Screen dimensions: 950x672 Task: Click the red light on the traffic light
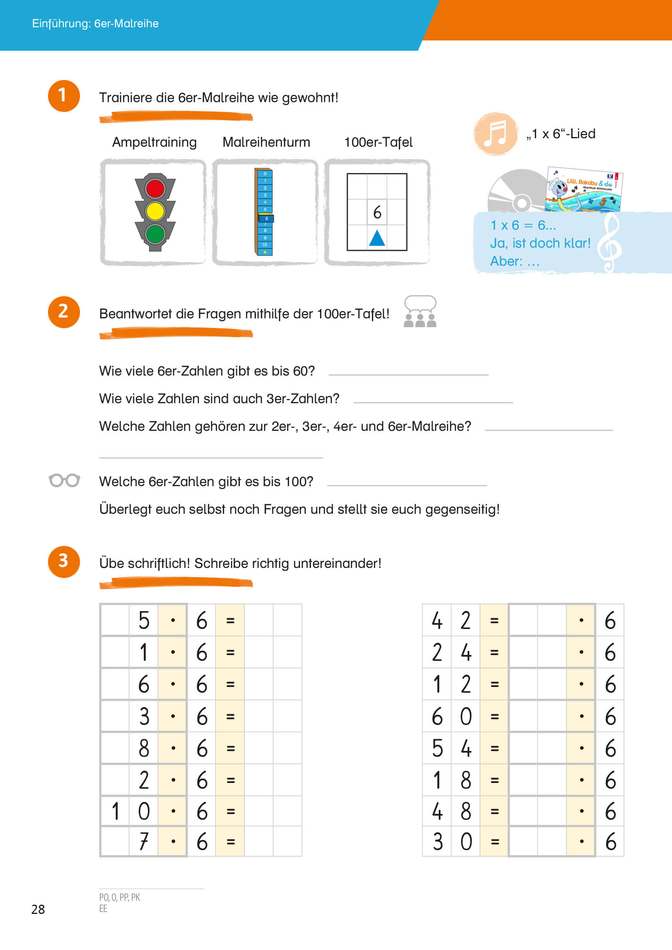pyautogui.click(x=155, y=189)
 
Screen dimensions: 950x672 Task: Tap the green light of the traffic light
pyautogui.click(x=155, y=234)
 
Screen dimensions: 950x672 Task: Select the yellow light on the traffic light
pyautogui.click(x=155, y=211)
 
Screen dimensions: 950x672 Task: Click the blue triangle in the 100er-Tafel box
pyautogui.click(x=377, y=238)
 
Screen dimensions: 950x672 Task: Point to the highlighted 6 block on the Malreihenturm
pyautogui.click(x=266, y=218)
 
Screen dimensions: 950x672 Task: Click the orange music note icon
pyautogui.click(x=496, y=133)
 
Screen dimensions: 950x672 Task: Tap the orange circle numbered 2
pyautogui.click(x=64, y=311)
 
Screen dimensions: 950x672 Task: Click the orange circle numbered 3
pyautogui.click(x=64, y=561)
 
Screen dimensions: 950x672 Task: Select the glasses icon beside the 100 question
pyautogui.click(x=64, y=480)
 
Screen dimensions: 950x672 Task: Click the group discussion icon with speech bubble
pyautogui.click(x=420, y=311)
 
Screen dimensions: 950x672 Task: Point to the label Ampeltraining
pyautogui.click(x=154, y=142)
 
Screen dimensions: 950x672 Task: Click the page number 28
pyautogui.click(x=38, y=909)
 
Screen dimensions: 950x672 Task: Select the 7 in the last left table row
pyautogui.click(x=143, y=841)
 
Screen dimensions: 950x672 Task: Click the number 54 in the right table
pyautogui.click(x=451, y=748)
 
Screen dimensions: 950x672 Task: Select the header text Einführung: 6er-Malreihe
pyautogui.click(x=95, y=23)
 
